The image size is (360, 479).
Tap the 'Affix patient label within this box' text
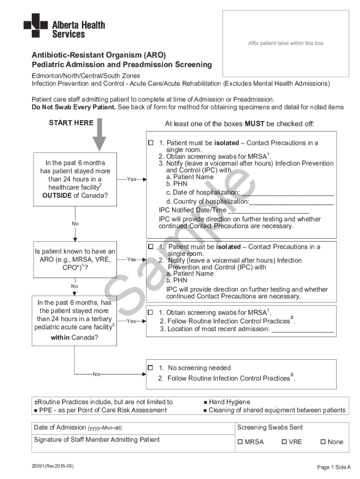click(286, 43)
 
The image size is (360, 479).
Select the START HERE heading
click(71, 123)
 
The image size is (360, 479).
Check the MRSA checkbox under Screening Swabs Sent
click(240, 442)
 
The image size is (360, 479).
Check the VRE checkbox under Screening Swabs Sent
click(284, 442)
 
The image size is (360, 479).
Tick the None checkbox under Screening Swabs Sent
click(323, 442)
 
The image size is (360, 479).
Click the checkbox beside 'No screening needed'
click(151, 368)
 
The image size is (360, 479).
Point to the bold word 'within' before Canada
click(60, 337)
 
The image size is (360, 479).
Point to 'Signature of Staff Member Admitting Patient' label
click(97, 440)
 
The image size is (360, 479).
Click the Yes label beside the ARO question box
click(131, 259)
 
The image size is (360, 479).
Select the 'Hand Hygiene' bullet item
click(229, 402)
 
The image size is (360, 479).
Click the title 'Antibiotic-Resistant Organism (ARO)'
click(99, 55)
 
